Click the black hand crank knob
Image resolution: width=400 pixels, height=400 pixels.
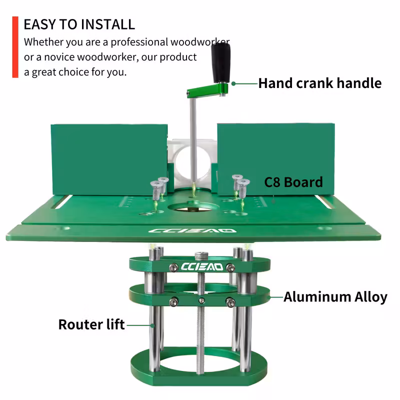[220, 62]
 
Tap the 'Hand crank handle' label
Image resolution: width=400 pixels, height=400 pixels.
[320, 83]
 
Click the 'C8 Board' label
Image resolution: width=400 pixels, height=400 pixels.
[293, 182]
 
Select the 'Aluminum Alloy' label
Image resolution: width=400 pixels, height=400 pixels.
[335, 297]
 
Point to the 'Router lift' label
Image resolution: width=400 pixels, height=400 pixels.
[91, 324]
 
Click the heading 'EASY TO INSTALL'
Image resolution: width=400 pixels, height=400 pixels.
[79, 24]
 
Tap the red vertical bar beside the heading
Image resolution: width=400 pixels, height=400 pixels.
[15, 47]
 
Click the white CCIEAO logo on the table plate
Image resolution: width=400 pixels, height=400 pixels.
[192, 231]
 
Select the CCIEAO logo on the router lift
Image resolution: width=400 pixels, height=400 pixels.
[202, 267]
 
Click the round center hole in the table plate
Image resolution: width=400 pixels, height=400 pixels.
[192, 208]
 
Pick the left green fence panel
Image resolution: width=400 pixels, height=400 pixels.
[109, 159]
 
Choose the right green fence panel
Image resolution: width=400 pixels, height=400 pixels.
[276, 159]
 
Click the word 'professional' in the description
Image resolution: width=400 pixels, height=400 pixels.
[139, 42]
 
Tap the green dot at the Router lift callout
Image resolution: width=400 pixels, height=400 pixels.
[152, 325]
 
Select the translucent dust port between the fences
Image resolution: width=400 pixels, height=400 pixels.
[192, 163]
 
